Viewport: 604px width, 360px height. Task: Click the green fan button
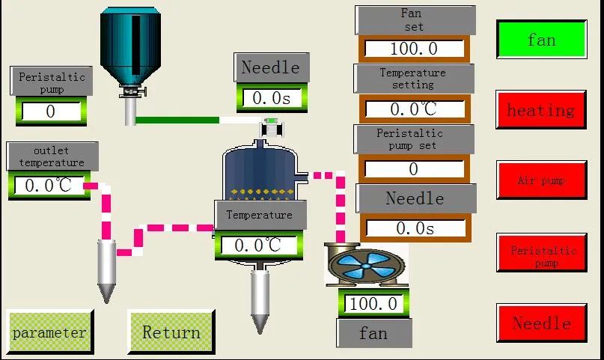[x=542, y=39]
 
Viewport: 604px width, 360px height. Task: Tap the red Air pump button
[x=542, y=180]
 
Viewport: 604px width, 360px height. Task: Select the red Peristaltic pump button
[x=542, y=252]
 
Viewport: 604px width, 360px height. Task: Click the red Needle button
[x=542, y=323]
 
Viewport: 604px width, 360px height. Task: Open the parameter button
[x=49, y=332]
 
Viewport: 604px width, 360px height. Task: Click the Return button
[x=171, y=332]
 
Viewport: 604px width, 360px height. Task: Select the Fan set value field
[x=414, y=49]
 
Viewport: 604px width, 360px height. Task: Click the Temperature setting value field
[x=415, y=109]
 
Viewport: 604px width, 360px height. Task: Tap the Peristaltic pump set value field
[x=414, y=169]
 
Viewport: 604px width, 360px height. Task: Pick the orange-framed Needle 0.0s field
[x=415, y=228]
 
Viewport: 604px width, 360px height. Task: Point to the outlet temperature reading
[x=49, y=186]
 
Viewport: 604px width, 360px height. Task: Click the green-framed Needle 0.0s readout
[x=272, y=98]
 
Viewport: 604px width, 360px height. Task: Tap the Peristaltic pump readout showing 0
[x=51, y=112]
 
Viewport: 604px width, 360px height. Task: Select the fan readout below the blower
[x=373, y=303]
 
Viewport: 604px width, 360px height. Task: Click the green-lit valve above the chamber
[x=272, y=128]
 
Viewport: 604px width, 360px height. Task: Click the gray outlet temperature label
[x=52, y=156]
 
